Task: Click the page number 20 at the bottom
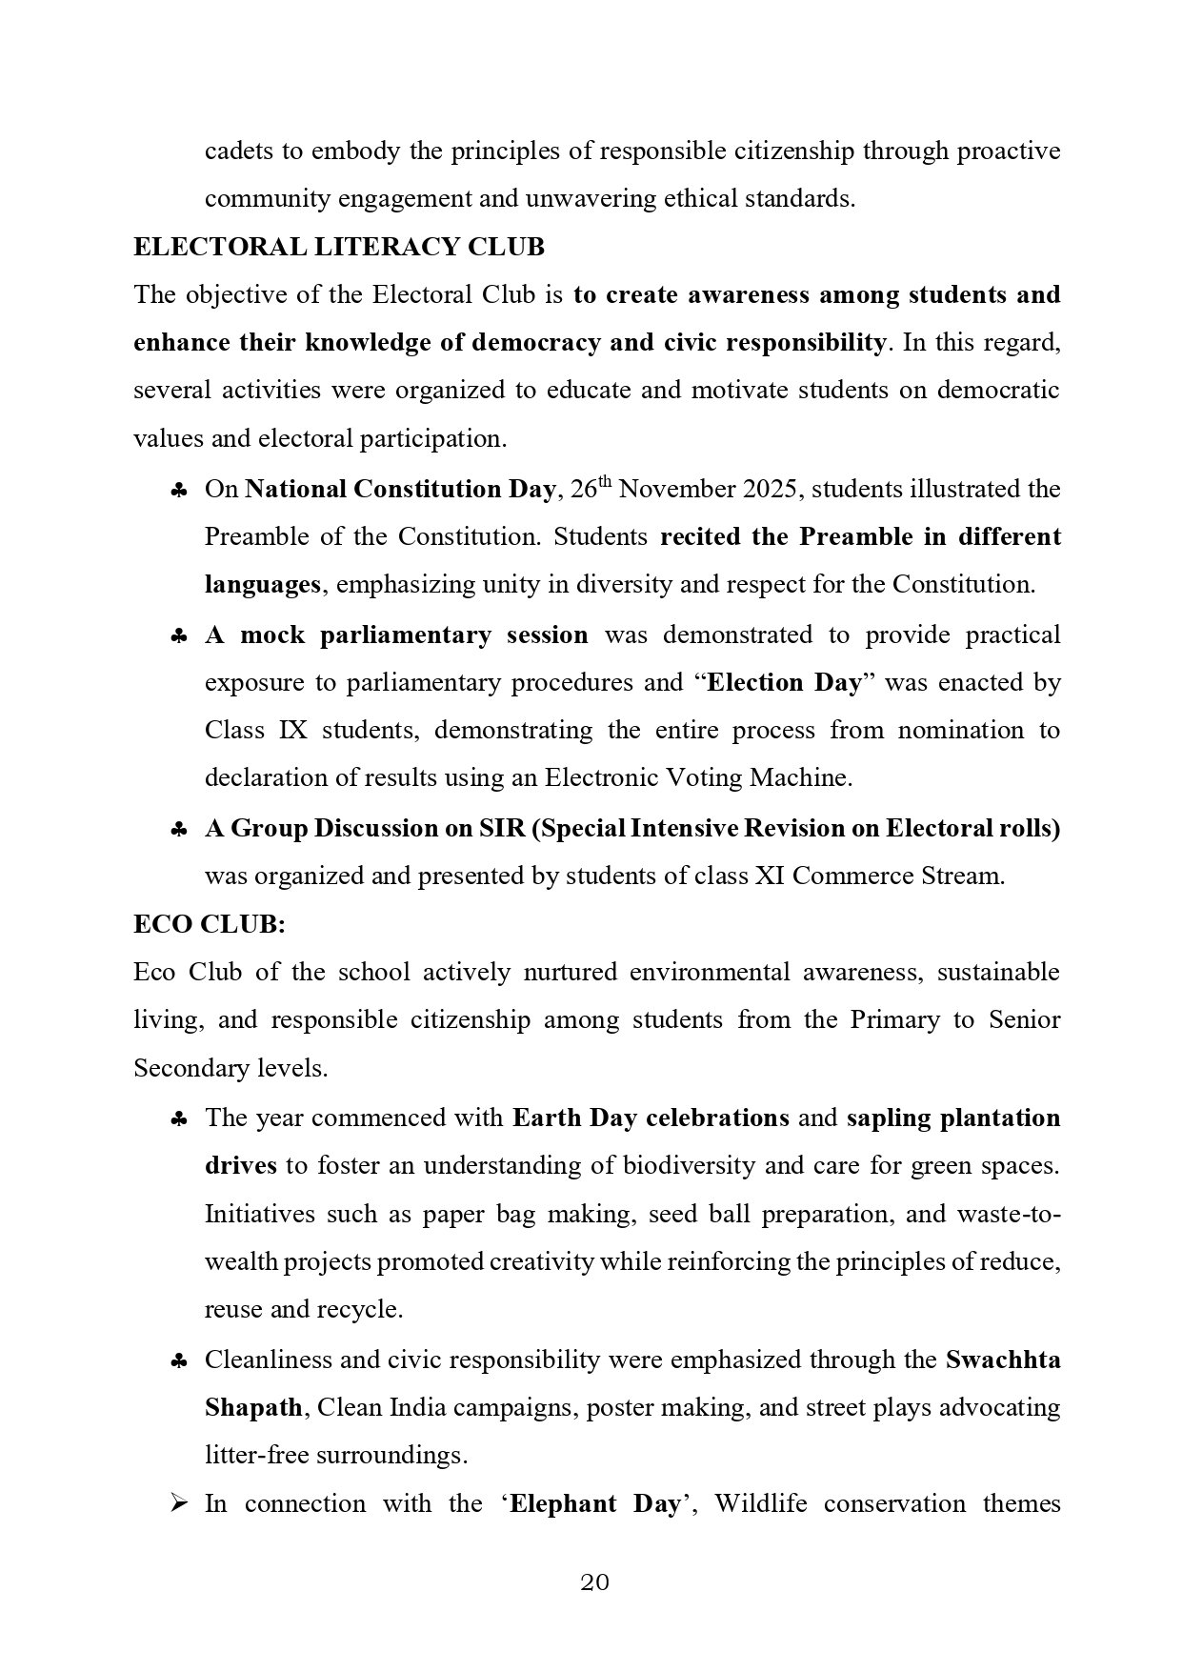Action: [594, 1582]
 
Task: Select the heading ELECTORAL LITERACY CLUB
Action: [339, 247]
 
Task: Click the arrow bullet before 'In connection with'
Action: [178, 1504]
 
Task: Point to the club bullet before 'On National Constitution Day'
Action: [178, 491]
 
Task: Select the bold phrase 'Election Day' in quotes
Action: [785, 682]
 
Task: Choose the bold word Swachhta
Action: [1003, 1360]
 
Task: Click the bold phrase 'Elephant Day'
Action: [595, 1504]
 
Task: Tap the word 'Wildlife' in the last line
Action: [758, 1504]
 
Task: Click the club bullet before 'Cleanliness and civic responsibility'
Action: [178, 1361]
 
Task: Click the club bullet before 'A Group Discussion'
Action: [178, 830]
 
